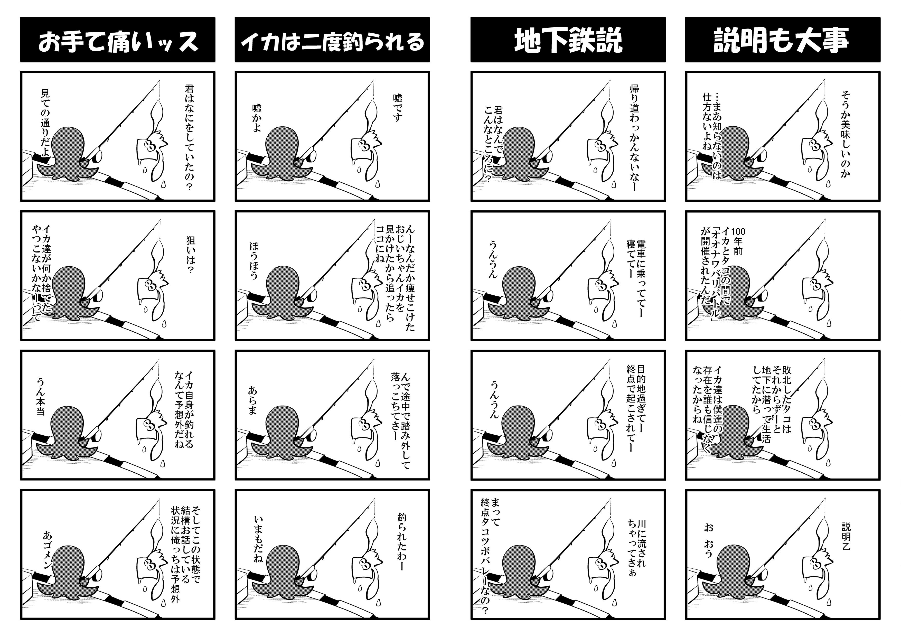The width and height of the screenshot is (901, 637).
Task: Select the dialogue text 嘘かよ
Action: pos(257,118)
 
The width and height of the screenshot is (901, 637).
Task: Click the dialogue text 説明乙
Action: pos(846,536)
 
